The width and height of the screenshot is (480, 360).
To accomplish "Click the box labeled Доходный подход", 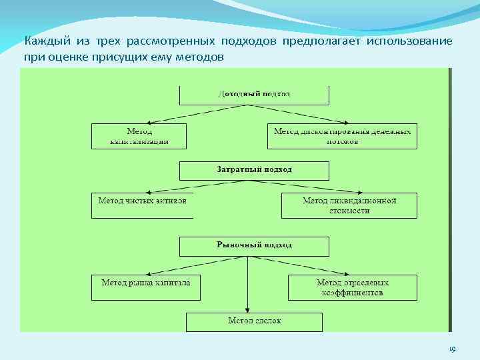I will (254, 95).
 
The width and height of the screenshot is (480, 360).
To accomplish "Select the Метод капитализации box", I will (139, 136).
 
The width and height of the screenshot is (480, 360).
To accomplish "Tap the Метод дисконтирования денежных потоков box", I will (343, 136).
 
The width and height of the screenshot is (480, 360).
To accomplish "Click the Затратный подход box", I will (254, 171).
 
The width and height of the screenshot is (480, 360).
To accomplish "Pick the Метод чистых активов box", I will (142, 205).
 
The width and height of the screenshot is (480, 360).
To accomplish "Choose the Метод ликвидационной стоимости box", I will (349, 205).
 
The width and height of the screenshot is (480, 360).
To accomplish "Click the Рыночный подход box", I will (254, 246).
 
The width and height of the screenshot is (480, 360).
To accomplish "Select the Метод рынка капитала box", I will (145, 287).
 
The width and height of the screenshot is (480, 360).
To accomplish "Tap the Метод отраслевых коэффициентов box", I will (352, 287).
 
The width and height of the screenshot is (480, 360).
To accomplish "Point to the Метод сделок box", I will (254, 321).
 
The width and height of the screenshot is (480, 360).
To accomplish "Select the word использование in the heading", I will (410, 41).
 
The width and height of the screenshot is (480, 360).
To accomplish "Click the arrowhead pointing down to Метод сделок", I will (247, 309).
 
